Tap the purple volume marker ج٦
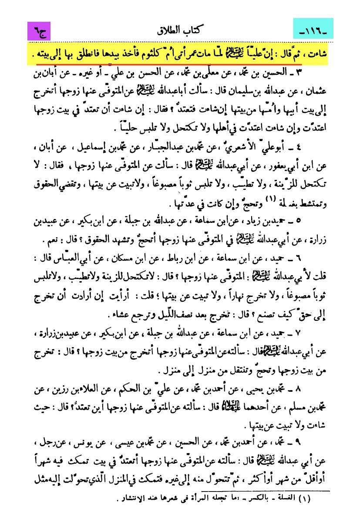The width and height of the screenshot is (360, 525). point(39,32)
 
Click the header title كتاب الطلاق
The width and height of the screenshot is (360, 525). point(179,31)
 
